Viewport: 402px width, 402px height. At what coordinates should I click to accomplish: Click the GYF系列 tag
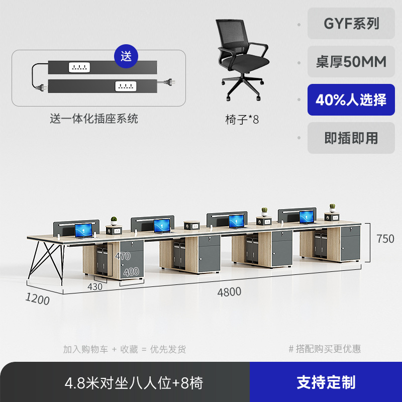[x=351, y=24]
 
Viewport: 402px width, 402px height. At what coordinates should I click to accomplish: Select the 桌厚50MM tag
[x=351, y=62]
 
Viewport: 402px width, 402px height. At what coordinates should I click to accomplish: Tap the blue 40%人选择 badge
[x=351, y=99]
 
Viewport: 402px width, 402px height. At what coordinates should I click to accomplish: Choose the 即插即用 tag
[x=351, y=138]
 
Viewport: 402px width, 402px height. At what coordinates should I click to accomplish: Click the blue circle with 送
[x=126, y=56]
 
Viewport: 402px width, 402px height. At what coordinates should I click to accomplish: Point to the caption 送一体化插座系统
[x=94, y=119]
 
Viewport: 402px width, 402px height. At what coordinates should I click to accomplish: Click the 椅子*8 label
[x=242, y=120]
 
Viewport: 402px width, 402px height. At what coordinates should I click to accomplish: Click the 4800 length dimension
[x=229, y=292]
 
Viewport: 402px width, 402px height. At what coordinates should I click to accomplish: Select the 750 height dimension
[x=385, y=239]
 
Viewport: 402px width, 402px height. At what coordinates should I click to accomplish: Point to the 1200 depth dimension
[x=38, y=299]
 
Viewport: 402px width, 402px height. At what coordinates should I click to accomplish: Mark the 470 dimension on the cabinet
[x=122, y=256]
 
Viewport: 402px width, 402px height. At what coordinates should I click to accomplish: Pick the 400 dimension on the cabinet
[x=131, y=272]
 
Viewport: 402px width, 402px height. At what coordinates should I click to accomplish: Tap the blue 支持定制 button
[x=326, y=382]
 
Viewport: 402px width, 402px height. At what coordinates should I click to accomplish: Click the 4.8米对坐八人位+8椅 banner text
[x=134, y=383]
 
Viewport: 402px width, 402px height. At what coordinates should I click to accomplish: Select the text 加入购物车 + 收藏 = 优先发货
[x=125, y=349]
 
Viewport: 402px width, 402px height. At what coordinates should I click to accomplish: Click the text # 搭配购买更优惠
[x=325, y=349]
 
